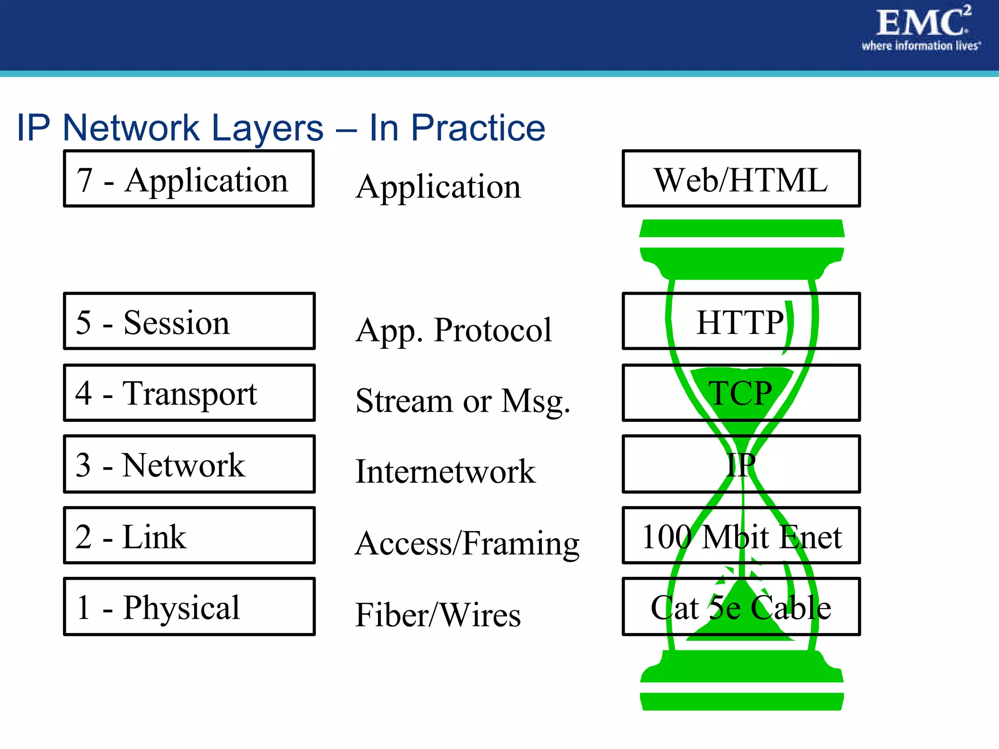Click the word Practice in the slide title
click(x=478, y=128)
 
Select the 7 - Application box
click(x=188, y=179)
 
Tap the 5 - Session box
click(x=189, y=321)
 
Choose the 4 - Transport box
click(x=189, y=393)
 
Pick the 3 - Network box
click(x=189, y=464)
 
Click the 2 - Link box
click(x=189, y=535)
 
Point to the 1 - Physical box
click(x=189, y=607)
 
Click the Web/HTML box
click(x=740, y=179)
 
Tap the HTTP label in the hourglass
click(x=739, y=322)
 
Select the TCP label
click(x=739, y=393)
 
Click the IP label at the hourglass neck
click(x=740, y=465)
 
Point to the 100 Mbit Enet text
click(x=741, y=536)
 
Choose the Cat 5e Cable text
click(x=740, y=608)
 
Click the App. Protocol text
click(x=453, y=331)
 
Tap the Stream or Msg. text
click(x=462, y=401)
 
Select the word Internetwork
click(x=445, y=472)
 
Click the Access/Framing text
click(x=467, y=543)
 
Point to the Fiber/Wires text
click(x=438, y=614)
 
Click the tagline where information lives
click(x=920, y=46)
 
